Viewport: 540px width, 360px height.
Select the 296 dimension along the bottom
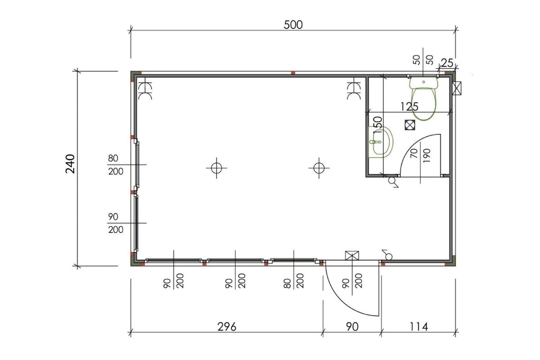[x=226, y=327]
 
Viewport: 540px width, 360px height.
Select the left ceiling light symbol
[x=216, y=168]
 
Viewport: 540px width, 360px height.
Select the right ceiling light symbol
[x=318, y=168]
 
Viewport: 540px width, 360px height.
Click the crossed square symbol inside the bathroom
[x=409, y=125]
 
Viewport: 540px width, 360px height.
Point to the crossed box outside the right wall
[x=457, y=89]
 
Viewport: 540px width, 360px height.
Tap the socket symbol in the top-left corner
[x=144, y=90]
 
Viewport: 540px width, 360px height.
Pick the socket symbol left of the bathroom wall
[x=353, y=90]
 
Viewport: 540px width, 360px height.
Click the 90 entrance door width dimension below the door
[x=352, y=327]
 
